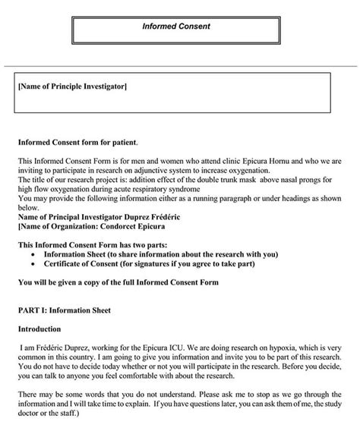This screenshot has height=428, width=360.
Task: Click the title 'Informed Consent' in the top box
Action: [x=176, y=26]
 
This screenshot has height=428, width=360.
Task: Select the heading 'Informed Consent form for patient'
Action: [x=77, y=142]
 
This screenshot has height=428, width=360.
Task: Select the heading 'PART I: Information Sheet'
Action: [x=65, y=310]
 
